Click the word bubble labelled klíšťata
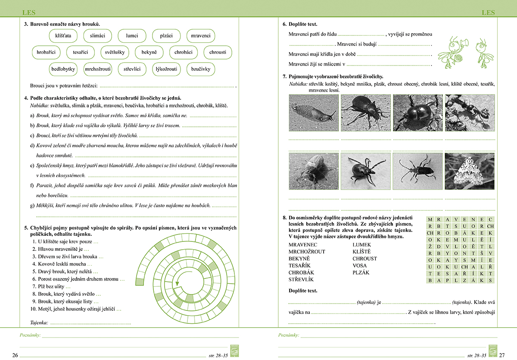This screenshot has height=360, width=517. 63,35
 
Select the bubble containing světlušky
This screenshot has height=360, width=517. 115,52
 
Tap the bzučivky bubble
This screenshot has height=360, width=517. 200,69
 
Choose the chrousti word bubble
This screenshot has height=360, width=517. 218,52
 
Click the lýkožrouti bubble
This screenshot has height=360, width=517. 166,69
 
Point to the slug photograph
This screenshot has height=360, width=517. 314,113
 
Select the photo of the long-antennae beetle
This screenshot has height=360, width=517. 417,171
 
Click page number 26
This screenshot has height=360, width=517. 15,355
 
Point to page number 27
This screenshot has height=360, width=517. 501,355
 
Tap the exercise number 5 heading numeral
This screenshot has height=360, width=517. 26,228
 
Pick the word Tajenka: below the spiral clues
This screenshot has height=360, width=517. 39,322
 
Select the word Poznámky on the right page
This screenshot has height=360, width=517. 289,335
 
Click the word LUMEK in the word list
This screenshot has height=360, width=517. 361,245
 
